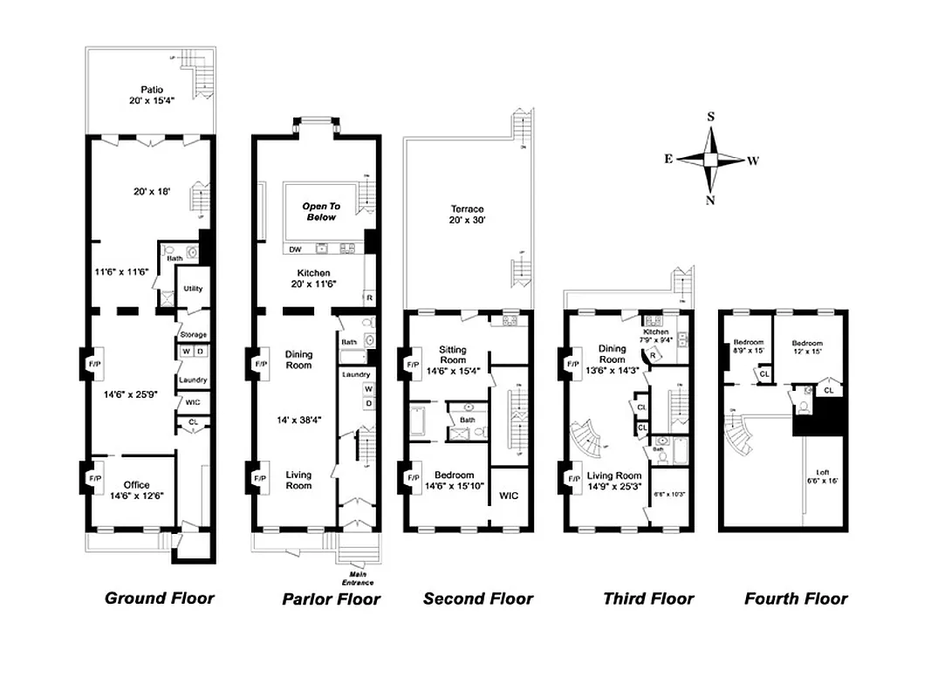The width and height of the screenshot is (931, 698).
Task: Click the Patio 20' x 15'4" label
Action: tap(152, 95)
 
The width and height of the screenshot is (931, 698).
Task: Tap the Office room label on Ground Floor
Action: tap(136, 489)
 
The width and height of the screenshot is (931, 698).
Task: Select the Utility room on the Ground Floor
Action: tap(193, 289)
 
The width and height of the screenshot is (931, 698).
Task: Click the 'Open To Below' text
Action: tap(320, 212)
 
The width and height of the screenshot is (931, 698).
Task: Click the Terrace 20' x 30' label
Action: tap(467, 215)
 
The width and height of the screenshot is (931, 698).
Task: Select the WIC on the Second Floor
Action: tap(508, 496)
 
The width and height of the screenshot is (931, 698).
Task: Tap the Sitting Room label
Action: tap(452, 359)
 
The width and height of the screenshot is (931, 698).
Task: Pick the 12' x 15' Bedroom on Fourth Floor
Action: tap(806, 348)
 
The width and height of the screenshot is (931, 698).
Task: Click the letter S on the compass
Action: tap(711, 116)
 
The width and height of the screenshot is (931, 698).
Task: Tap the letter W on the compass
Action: tap(753, 161)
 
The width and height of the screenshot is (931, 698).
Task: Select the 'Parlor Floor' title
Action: tap(331, 599)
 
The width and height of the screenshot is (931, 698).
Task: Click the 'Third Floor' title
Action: tap(648, 599)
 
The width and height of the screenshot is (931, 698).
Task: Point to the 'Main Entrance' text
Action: tap(358, 578)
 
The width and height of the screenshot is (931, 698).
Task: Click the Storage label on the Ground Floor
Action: tap(193, 335)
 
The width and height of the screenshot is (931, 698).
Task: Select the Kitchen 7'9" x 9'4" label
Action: tap(655, 337)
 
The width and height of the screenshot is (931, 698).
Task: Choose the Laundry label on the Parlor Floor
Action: tap(356, 374)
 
